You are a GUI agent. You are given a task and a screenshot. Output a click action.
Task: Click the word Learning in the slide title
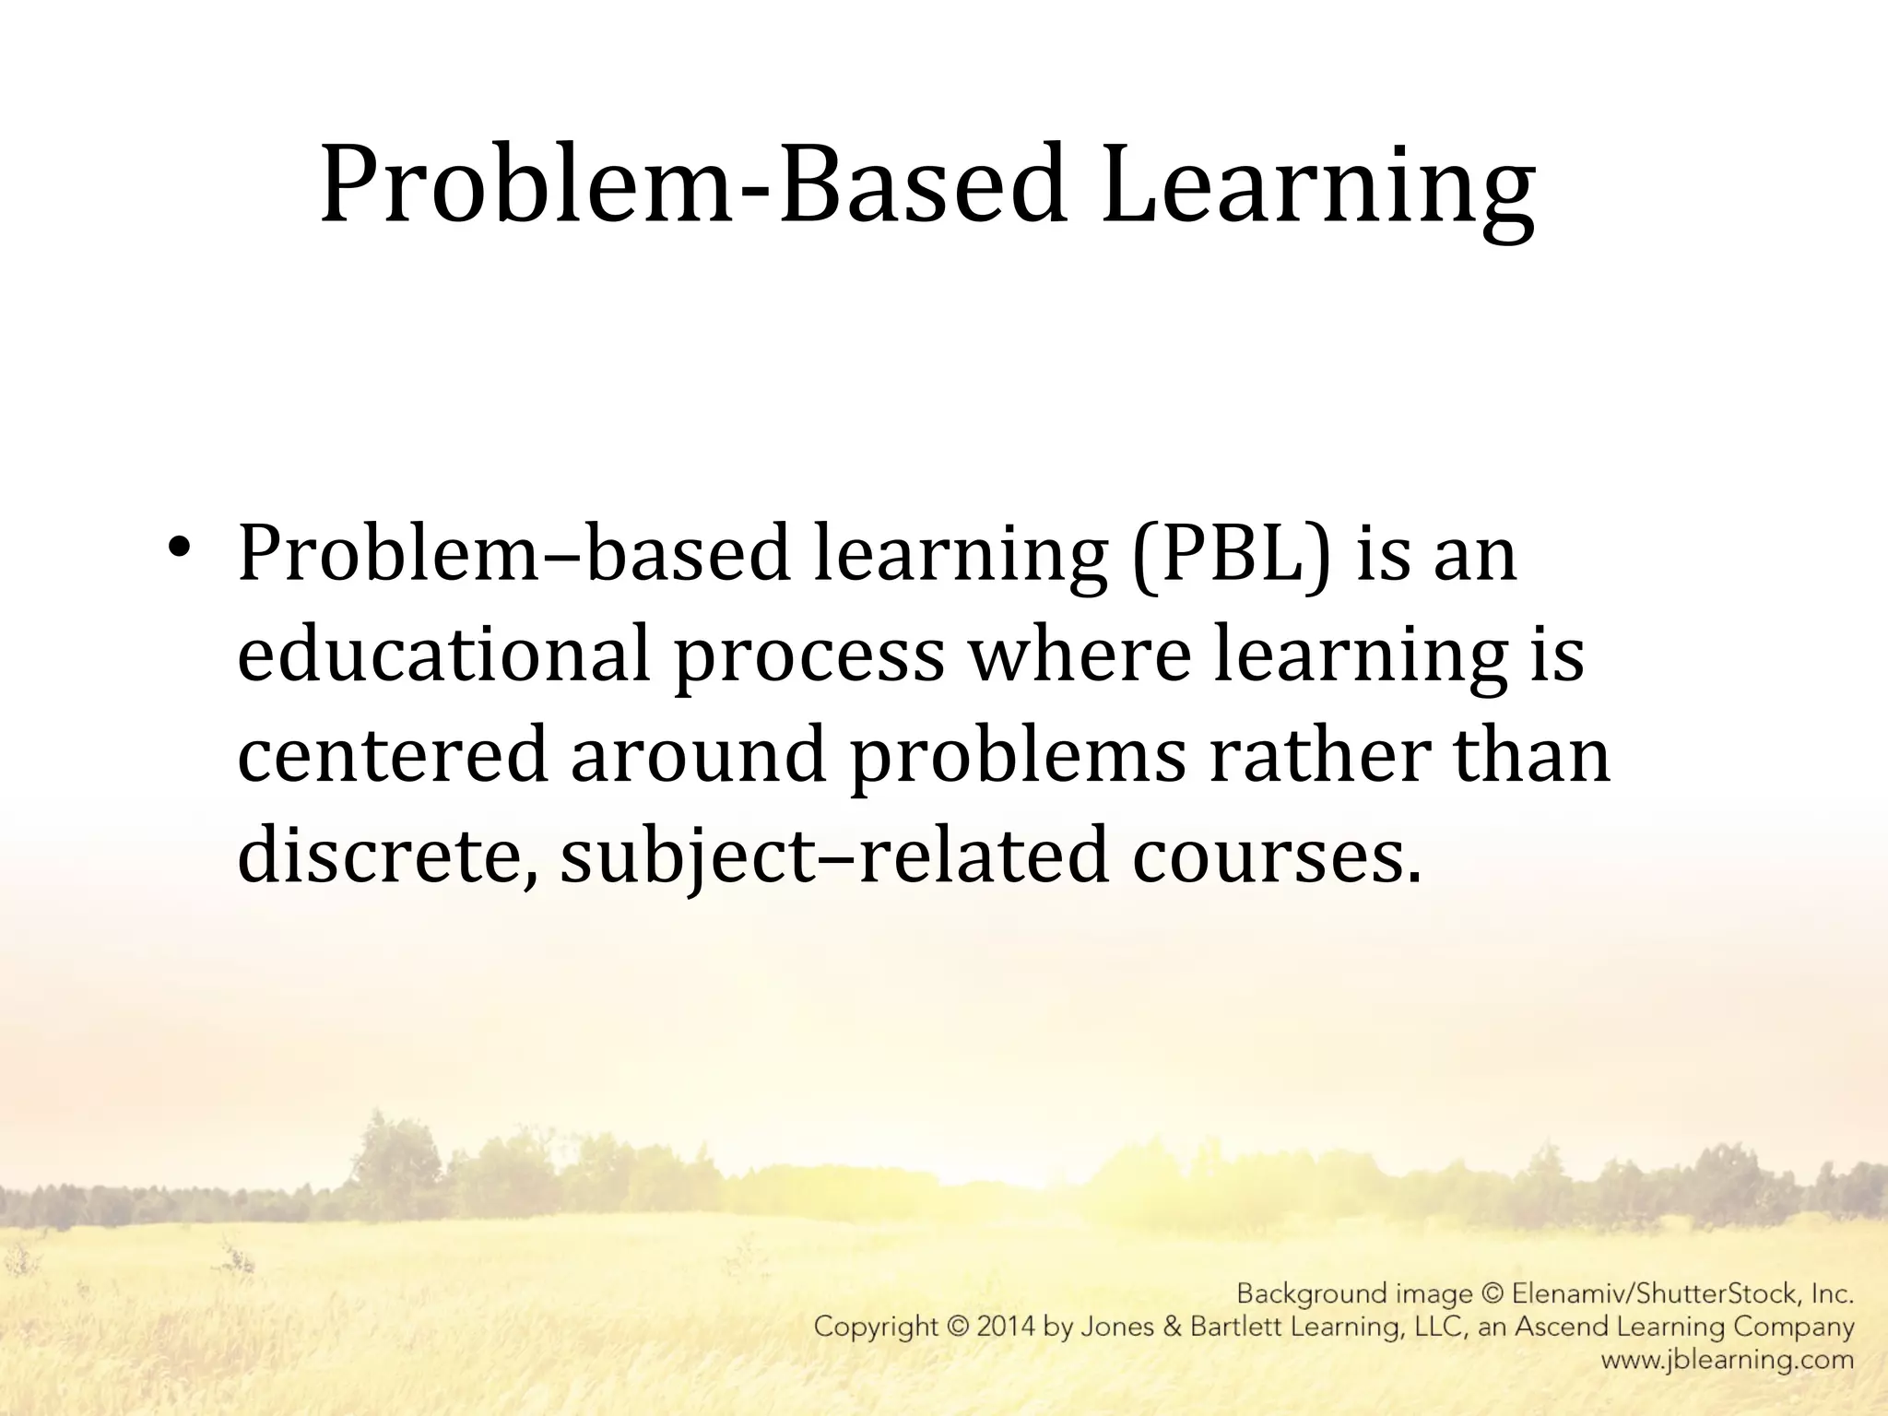tap(1318, 189)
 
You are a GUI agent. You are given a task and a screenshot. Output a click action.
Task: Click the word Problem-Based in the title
tap(691, 189)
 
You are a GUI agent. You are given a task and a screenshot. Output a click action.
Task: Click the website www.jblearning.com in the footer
tap(1727, 1360)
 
